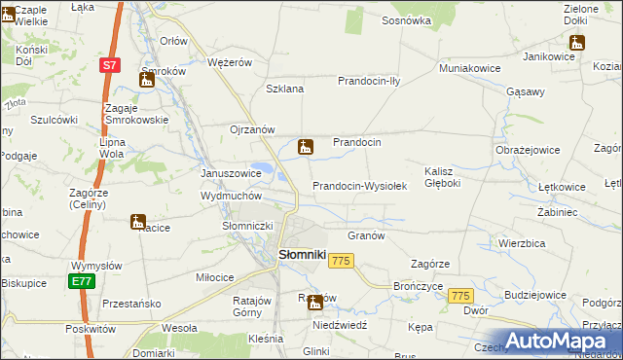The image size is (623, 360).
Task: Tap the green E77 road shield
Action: (81, 281)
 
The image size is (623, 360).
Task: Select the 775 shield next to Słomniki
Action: (341, 261)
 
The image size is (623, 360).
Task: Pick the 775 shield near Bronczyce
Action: (461, 296)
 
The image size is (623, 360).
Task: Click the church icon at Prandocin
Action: (305, 148)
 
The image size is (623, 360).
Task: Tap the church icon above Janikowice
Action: (577, 42)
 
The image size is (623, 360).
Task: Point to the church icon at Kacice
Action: (138, 222)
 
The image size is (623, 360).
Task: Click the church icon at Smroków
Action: (146, 80)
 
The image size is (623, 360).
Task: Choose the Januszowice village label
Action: (231, 173)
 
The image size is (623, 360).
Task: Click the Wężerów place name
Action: (230, 62)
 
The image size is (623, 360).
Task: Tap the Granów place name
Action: (367, 235)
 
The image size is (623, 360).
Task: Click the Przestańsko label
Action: (131, 304)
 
